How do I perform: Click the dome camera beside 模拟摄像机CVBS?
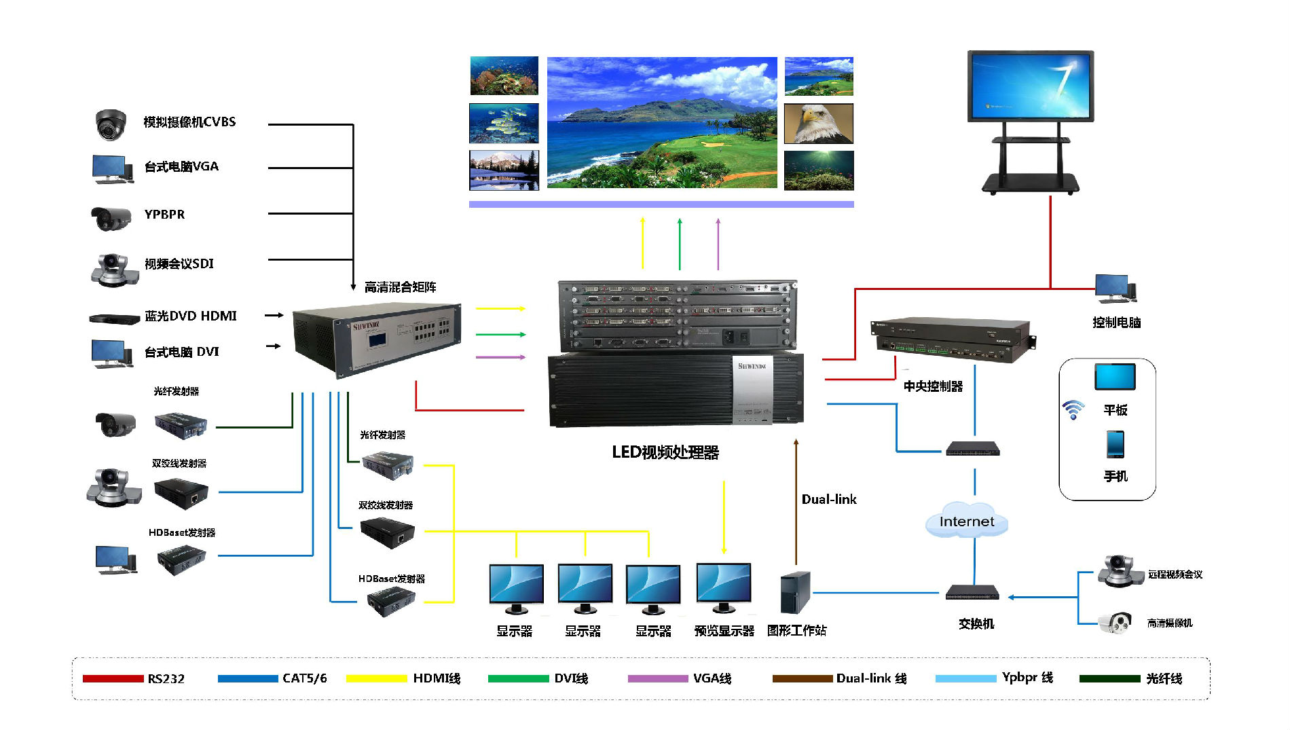tap(110, 124)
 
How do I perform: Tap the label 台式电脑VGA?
tap(181, 166)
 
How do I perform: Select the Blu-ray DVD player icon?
tap(114, 318)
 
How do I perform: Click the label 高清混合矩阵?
tap(400, 287)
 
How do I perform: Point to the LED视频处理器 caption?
tap(665, 452)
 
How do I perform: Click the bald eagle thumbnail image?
tap(818, 124)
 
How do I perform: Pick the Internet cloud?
tap(966, 522)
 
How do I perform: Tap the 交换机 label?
tap(976, 623)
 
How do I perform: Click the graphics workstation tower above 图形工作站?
tap(795, 592)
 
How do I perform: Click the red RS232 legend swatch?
tap(113, 678)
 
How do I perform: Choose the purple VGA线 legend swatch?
tap(657, 678)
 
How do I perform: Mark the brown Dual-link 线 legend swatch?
tap(802, 678)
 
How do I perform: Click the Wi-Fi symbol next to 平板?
tap(1073, 409)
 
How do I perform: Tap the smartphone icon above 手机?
tap(1115, 445)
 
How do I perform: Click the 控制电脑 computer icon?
tap(1115, 289)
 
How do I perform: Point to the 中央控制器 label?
tap(933, 386)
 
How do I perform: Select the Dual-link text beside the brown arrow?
tap(828, 499)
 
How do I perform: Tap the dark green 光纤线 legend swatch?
tap(1109, 678)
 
